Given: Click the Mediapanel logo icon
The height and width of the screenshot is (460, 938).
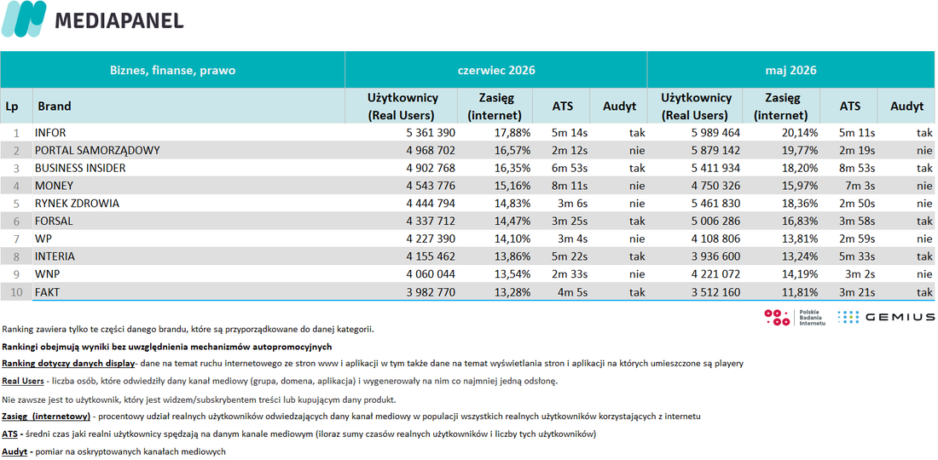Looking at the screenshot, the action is [x=24, y=19].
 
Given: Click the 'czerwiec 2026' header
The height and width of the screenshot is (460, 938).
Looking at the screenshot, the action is [x=496, y=71].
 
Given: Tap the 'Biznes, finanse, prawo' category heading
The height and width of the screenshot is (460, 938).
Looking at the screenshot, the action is [x=172, y=71].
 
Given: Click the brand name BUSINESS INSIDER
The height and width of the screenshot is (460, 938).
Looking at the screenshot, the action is [x=80, y=168].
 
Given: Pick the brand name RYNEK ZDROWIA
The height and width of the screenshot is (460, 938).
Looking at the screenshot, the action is [x=77, y=203].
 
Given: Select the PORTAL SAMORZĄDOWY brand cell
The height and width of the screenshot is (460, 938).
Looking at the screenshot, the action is [x=97, y=151].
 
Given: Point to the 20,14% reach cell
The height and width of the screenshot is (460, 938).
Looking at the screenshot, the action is [x=798, y=133].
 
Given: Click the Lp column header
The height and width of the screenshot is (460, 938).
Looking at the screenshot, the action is [x=12, y=106].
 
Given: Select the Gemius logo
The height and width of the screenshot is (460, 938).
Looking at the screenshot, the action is [x=886, y=317].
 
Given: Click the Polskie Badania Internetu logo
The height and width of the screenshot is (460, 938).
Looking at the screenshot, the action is [x=795, y=317].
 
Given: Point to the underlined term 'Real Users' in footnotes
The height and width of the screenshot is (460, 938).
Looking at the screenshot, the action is [x=23, y=381].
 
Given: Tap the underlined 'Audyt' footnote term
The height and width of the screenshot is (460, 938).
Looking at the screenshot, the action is [x=14, y=451].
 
